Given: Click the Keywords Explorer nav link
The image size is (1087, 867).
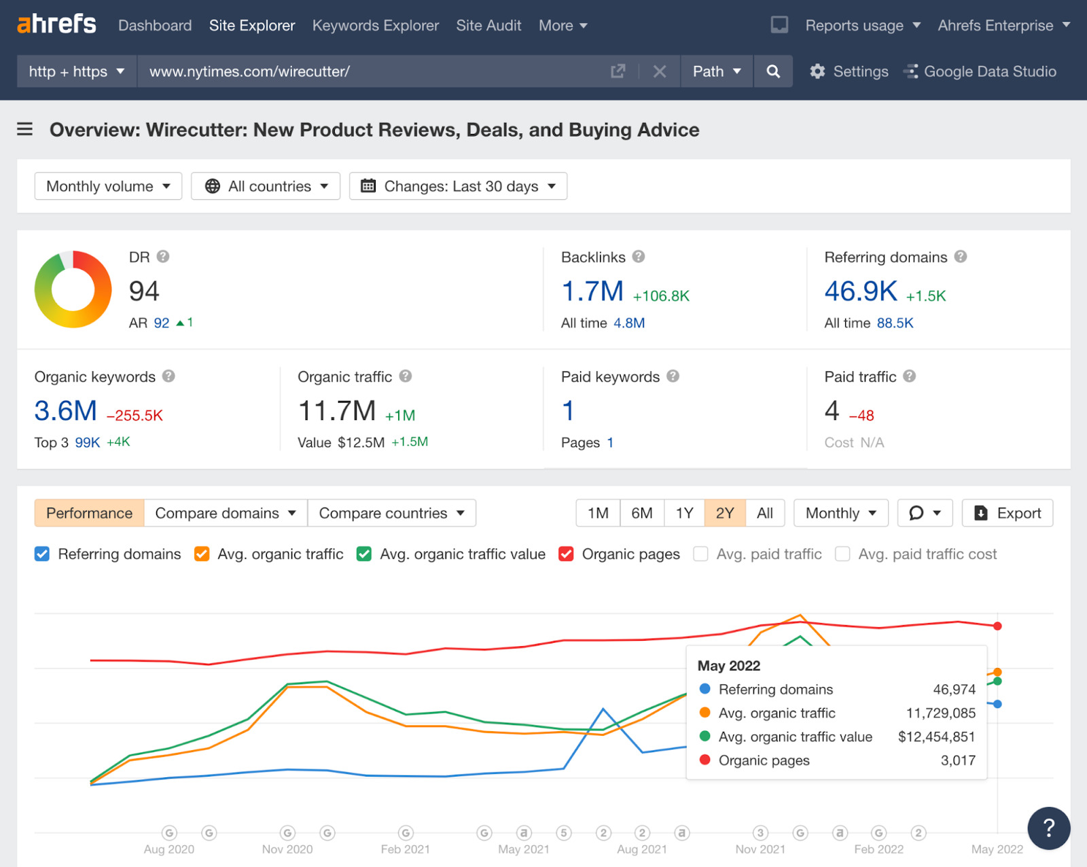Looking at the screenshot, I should (375, 26).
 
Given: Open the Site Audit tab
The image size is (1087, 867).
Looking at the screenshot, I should (488, 26).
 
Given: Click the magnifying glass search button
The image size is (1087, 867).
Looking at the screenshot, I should (773, 71).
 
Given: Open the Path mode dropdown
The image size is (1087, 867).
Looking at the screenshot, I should (716, 71).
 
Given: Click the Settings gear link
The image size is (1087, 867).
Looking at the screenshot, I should (849, 71).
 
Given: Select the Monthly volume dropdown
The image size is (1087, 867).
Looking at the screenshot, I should (108, 186).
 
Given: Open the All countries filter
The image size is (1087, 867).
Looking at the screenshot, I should (266, 186).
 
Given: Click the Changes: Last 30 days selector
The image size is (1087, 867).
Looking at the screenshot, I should (458, 186).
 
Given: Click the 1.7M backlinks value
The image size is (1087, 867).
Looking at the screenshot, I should (592, 291).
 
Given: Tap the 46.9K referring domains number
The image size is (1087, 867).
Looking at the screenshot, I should (860, 291).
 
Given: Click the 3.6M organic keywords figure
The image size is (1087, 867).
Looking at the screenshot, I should (66, 411).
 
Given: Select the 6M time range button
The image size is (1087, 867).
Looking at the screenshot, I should (641, 513).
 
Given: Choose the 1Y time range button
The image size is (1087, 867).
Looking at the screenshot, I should (684, 513).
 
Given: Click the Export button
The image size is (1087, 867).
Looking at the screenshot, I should (1008, 513).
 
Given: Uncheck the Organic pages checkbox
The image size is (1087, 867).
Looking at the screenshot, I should (566, 554).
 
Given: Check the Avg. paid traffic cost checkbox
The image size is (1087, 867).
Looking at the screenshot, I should (842, 554).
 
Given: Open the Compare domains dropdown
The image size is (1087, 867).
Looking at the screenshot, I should (226, 513).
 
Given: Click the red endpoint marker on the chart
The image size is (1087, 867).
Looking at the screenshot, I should (997, 626).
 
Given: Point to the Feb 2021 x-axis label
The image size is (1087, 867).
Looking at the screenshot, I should (405, 849).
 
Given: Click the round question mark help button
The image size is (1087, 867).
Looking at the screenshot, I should (1048, 828).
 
